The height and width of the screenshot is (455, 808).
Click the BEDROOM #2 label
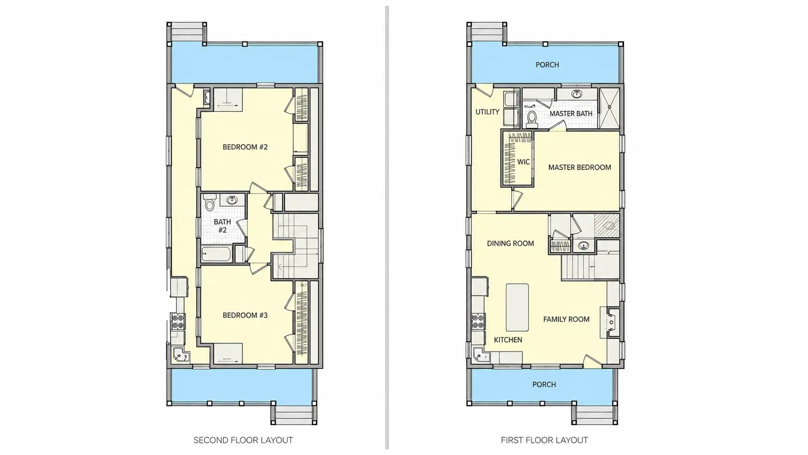(x=245, y=147)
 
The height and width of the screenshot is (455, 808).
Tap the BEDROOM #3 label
(x=245, y=315)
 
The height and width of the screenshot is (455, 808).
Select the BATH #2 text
(x=222, y=226)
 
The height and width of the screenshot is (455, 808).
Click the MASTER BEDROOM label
(x=579, y=167)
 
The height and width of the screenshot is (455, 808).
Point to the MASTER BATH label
(x=571, y=114)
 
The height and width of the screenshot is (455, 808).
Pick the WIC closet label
(x=523, y=162)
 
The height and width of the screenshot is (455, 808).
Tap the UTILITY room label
(x=487, y=112)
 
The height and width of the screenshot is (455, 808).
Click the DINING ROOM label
(x=510, y=244)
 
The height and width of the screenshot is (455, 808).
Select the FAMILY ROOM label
(x=566, y=319)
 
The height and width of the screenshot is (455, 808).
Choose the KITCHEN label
(x=508, y=340)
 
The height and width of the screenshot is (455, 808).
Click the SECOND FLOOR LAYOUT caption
(x=243, y=440)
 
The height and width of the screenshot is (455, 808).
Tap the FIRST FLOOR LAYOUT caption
(x=544, y=440)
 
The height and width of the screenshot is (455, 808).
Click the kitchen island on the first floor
(x=517, y=308)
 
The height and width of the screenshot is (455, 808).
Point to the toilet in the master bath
(x=532, y=119)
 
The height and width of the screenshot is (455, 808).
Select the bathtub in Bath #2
(x=216, y=254)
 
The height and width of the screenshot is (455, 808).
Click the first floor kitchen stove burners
(x=478, y=322)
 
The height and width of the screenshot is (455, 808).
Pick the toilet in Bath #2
(x=209, y=203)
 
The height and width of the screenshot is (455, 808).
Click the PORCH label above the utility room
(x=547, y=65)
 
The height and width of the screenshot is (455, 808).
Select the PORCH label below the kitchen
(x=544, y=384)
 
